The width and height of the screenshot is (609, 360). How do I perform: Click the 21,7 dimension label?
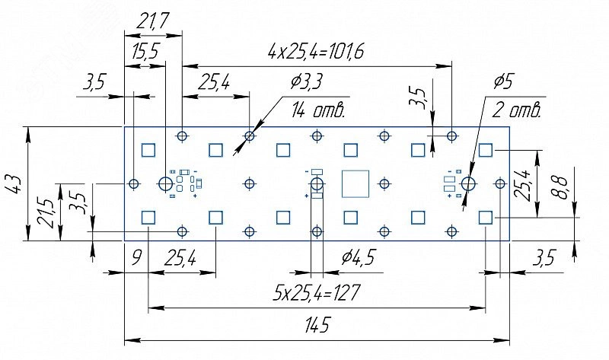pyautogui.click(x=152, y=23)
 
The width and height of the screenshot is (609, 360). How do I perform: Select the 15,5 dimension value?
pyautogui.click(x=144, y=53)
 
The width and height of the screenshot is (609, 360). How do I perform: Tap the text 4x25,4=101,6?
pyautogui.click(x=316, y=52)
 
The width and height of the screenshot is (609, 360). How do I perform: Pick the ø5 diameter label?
pyautogui.click(x=505, y=81)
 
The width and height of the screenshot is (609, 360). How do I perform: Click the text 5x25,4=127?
pyautogui.click(x=317, y=292)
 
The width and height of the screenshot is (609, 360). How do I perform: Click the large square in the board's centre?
pyautogui.click(x=356, y=183)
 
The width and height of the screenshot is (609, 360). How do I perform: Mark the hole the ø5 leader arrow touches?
pyautogui.click(x=467, y=183)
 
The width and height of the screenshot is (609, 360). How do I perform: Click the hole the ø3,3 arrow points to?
pyautogui.click(x=250, y=136)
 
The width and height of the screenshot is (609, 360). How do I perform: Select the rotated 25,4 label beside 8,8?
pyautogui.click(x=524, y=183)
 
